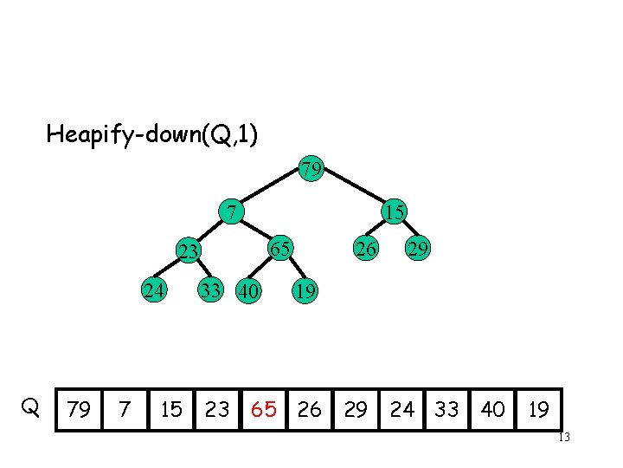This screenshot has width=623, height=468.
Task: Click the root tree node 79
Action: pos(311,167)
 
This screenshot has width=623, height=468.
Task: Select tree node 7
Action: pos(229,211)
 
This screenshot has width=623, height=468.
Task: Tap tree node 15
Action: pos(395,211)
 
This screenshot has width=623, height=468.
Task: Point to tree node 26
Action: pos(368,250)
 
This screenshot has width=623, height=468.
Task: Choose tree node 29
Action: pos(418,250)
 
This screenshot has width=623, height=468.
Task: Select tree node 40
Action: pos(248,291)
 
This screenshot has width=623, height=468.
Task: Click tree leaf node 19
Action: pos(304,291)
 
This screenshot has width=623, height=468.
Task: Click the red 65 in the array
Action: pos(264,409)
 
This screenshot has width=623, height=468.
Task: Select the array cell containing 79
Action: pos(79,409)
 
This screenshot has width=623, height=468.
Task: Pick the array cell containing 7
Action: pos(125,409)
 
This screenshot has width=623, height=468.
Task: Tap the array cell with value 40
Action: pos(492,409)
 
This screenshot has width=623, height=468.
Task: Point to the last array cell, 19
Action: pos(538,409)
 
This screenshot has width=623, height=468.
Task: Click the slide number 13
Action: pos(563,438)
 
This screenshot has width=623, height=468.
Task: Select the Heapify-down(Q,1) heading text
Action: pos(151,134)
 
